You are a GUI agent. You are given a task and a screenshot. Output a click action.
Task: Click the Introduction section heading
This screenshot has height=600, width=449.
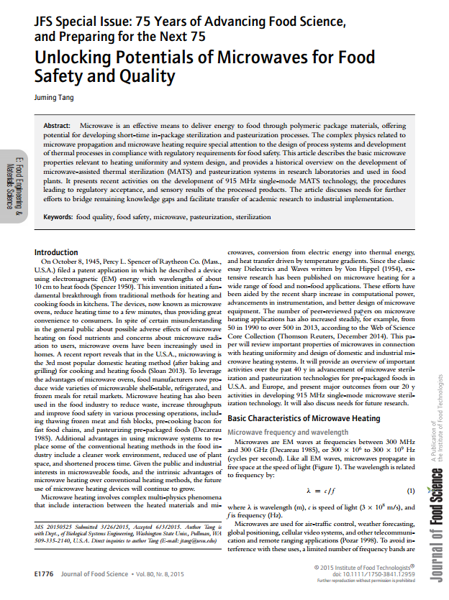click(x=56, y=252)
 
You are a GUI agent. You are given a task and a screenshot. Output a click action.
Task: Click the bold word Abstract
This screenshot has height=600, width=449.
click(x=60, y=125)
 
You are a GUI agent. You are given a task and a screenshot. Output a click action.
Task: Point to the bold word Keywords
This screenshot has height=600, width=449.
click(x=63, y=216)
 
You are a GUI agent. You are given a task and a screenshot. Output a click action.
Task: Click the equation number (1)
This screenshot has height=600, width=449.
click(x=411, y=491)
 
